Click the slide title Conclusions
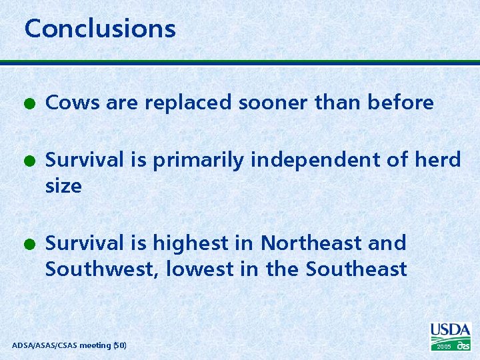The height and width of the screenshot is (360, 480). coord(100,29)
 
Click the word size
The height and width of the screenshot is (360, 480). coord(63,186)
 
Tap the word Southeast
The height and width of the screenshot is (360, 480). coord(356,269)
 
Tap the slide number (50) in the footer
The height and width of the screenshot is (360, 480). coord(119,345)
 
